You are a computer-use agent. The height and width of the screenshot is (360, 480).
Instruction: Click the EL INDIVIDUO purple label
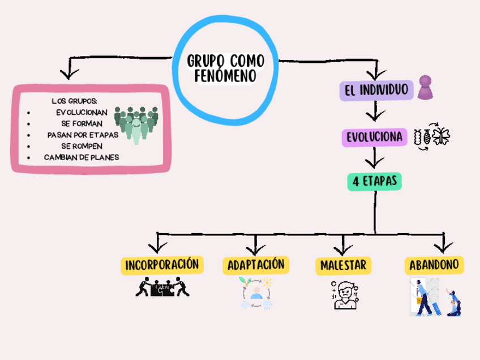coord(376,90)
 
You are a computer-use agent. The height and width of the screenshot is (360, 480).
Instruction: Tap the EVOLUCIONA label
coord(374,137)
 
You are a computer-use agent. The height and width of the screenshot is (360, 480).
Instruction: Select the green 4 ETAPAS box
coord(374,181)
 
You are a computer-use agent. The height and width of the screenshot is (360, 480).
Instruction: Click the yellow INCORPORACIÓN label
coord(162,264)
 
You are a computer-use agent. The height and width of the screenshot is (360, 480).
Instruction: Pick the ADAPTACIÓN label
coord(255,264)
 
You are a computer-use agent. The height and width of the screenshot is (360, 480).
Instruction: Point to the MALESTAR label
coord(343,265)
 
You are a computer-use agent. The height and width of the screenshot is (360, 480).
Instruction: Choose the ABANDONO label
coord(434,264)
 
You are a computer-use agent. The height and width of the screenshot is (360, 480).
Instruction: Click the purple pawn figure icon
coord(426,88)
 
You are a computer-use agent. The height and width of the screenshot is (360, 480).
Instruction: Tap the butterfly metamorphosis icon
coord(433,137)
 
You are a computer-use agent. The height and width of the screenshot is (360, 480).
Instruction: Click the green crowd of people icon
coord(136,122)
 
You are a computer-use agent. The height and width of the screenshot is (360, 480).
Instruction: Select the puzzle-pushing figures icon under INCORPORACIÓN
coord(162,287)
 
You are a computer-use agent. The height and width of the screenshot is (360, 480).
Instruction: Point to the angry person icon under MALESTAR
coord(344,295)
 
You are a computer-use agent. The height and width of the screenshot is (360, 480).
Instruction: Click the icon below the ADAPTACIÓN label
coord(256,293)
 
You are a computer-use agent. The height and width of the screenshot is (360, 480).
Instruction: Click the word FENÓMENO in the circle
coord(225,75)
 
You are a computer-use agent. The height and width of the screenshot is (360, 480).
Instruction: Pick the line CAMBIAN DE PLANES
coord(82,157)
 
